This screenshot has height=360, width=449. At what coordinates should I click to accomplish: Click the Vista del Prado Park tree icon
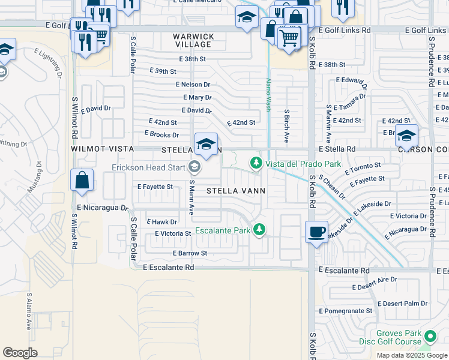pos(256,163)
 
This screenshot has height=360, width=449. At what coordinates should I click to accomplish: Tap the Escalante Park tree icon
pos(259,229)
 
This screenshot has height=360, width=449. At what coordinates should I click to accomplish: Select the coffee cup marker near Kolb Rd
pos(316,232)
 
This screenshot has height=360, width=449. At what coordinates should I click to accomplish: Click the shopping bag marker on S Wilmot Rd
pos(82,180)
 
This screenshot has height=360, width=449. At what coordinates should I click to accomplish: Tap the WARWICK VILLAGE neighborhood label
pos(193,40)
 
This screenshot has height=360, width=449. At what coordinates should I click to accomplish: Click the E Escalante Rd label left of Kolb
pos(169,268)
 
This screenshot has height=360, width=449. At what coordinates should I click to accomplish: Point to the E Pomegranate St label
pos(346,311)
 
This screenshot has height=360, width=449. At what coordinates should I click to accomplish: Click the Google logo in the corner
pos(20,353)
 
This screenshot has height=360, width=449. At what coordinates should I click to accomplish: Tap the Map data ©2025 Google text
pos(412,355)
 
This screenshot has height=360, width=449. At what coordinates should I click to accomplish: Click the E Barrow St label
pos(190,253)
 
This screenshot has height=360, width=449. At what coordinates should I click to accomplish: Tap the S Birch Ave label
pos(287,125)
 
